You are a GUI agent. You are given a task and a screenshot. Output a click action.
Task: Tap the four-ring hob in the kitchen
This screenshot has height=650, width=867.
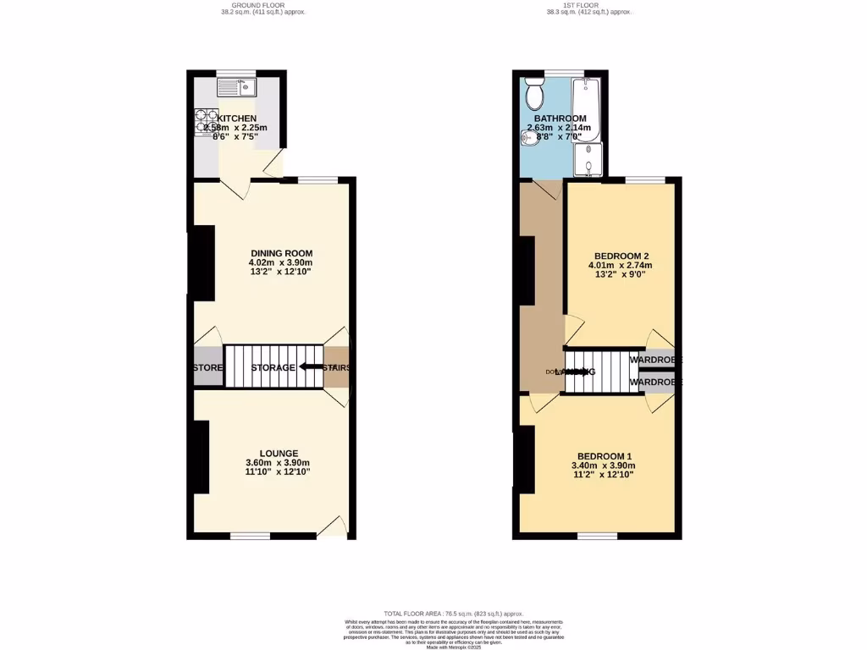pos(207,123)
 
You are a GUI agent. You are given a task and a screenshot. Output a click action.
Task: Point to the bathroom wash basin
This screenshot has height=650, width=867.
pos(529,138)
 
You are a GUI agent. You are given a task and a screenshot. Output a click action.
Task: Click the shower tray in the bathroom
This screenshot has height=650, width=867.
pos(588,157)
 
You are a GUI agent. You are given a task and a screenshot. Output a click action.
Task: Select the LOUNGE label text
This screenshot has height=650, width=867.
pos(279,453)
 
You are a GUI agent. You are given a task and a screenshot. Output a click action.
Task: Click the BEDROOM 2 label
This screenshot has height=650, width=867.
pos(621,256)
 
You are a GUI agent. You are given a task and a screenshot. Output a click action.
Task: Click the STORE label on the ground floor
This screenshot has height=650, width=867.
pos(207,368)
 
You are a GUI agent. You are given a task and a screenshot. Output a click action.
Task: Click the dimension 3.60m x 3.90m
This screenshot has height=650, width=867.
pos(279,463)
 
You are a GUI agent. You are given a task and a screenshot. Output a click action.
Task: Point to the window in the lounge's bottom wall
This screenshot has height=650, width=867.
pos(251,536)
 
